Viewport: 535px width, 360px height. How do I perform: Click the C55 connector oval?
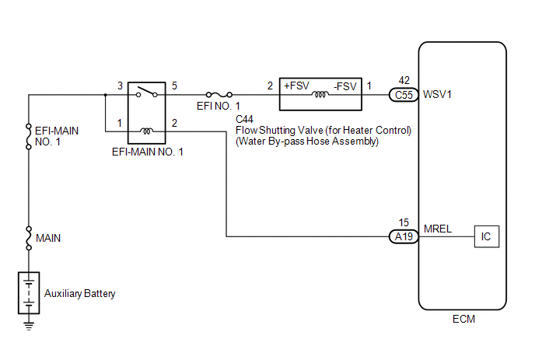click(404, 95)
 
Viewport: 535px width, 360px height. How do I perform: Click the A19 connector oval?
click(404, 236)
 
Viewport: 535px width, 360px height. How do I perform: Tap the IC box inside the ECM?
click(487, 236)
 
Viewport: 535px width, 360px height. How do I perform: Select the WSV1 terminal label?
click(437, 95)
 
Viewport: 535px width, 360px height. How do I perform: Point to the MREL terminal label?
click(438, 229)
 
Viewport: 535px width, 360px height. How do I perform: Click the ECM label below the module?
click(463, 319)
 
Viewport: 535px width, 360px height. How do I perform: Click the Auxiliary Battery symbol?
click(29, 293)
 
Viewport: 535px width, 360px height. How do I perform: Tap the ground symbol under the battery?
click(29, 326)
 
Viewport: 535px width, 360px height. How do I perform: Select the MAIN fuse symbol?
click(29, 238)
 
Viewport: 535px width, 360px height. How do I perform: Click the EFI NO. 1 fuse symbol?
click(219, 95)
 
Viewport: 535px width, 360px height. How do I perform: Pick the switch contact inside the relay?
click(147, 93)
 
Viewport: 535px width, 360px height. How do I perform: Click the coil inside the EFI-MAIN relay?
click(146, 131)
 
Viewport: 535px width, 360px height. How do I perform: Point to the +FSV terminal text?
click(296, 86)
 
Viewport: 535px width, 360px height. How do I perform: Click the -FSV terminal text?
click(345, 86)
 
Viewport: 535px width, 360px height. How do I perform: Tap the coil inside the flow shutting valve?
click(320, 95)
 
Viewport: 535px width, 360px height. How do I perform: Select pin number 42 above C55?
click(404, 80)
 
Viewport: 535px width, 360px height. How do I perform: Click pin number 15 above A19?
click(404, 222)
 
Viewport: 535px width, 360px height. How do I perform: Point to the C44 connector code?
click(244, 119)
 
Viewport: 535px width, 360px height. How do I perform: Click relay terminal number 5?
click(174, 86)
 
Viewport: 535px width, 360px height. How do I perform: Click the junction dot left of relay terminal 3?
click(106, 95)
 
